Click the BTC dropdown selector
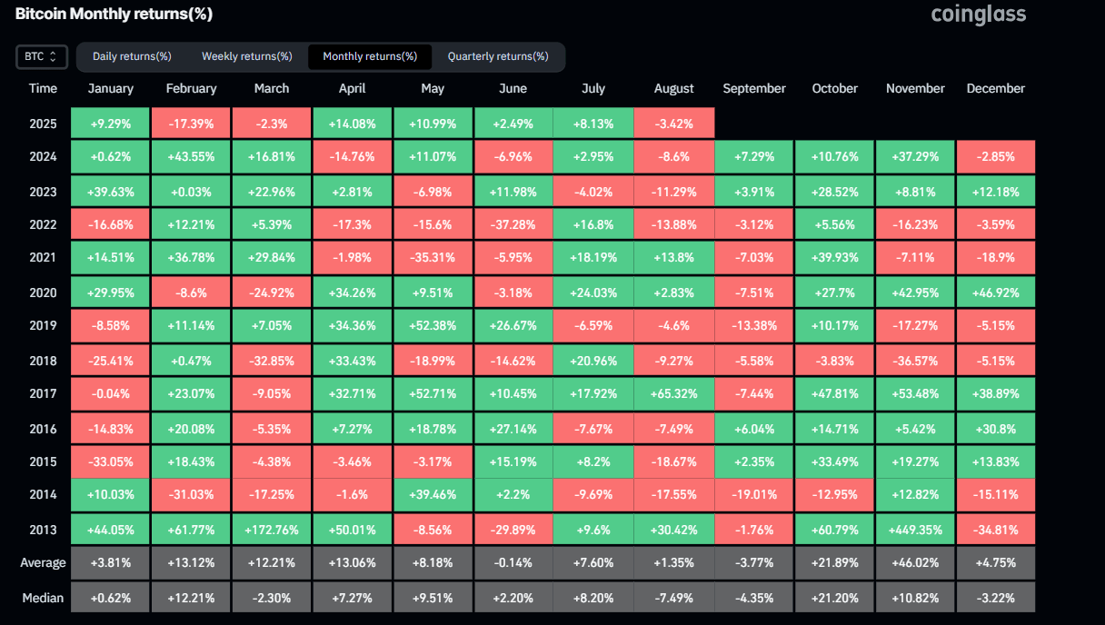[x=41, y=56]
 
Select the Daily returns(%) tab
[x=132, y=56]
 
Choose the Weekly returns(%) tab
[x=246, y=56]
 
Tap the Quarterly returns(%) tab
[x=498, y=56]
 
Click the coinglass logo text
[x=978, y=15]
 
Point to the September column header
[x=754, y=88]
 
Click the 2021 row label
[x=43, y=257]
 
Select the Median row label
[x=43, y=597]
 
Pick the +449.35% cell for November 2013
[x=915, y=529]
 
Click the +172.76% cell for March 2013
[x=272, y=529]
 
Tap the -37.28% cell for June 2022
[x=513, y=224]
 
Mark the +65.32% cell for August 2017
[x=673, y=393]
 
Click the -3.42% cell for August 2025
[x=673, y=123]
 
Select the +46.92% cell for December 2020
[x=995, y=293]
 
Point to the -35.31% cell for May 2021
[x=433, y=257]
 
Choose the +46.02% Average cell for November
[x=915, y=562]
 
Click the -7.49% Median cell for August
[x=673, y=597]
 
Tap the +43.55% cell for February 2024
[x=191, y=156]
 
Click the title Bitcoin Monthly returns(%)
[x=114, y=15]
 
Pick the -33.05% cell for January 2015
[x=111, y=461]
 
